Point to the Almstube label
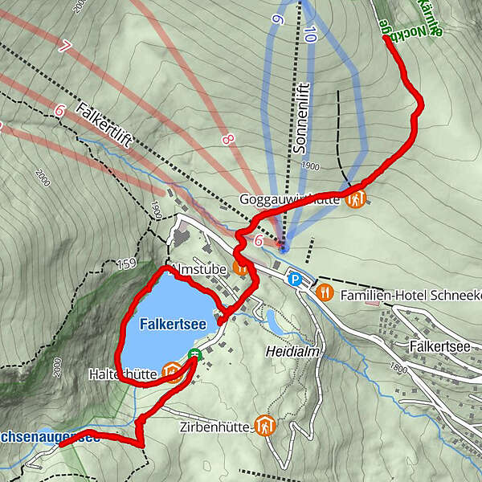coord(197,269)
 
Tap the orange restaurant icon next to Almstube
coord(239,267)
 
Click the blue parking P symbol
coord(296,280)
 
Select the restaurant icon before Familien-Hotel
coord(325,292)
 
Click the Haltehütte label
coord(123,374)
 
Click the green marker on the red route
coord(194,354)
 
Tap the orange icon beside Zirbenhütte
coord(263,425)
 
